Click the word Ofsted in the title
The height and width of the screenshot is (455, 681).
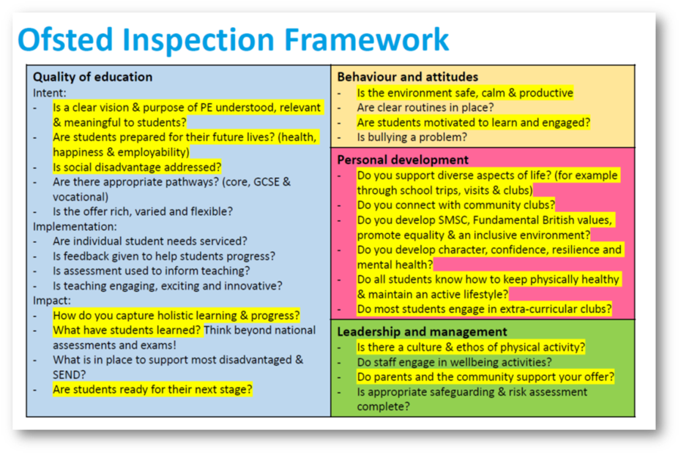66,40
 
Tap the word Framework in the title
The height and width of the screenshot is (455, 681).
367,40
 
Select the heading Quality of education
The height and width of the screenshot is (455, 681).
92,77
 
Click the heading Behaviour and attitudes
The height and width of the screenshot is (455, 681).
407,77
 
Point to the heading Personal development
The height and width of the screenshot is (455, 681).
403,159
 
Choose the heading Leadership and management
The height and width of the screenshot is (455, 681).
422,332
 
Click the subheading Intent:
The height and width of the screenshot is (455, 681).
50,93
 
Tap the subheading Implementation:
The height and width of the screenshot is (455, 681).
75,227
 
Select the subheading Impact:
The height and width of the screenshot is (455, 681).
52,301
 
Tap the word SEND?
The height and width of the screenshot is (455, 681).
70,375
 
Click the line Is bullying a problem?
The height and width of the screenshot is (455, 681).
412,137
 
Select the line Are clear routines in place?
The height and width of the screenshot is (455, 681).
425,107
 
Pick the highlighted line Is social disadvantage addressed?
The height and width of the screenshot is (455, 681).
137,167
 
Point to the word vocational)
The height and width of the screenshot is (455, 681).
81,197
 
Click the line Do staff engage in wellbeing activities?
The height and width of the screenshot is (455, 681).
454,362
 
